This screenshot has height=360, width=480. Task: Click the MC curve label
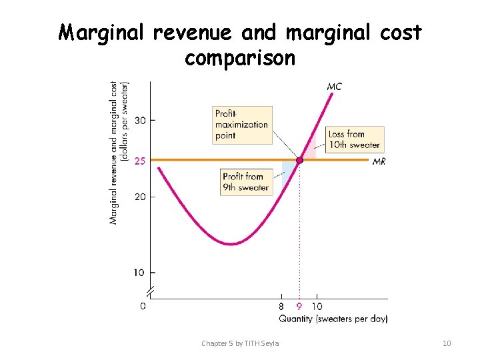[x=334, y=87]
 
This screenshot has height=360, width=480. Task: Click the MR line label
[x=379, y=161]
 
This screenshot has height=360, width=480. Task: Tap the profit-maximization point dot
[x=300, y=160]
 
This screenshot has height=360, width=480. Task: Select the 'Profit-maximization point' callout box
[x=242, y=125]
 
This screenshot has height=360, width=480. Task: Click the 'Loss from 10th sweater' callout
[x=354, y=139]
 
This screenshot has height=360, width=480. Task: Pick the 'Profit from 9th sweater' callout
[x=246, y=182]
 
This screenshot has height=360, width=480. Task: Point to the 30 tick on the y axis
[x=139, y=121]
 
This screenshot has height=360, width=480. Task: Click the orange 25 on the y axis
[x=139, y=161]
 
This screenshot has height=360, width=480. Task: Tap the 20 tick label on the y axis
[x=139, y=197]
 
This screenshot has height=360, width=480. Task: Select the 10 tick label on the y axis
[x=139, y=273]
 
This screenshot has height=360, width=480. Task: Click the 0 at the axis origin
[x=143, y=306]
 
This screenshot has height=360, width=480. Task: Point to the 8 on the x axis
[x=281, y=307]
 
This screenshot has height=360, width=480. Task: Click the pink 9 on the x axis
[x=299, y=307]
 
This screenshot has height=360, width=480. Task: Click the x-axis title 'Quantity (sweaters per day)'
[x=333, y=319]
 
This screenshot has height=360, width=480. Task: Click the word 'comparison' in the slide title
[x=239, y=58]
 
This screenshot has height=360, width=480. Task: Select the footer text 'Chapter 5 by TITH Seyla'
[x=240, y=343]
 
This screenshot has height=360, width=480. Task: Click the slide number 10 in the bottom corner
[x=447, y=343]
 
